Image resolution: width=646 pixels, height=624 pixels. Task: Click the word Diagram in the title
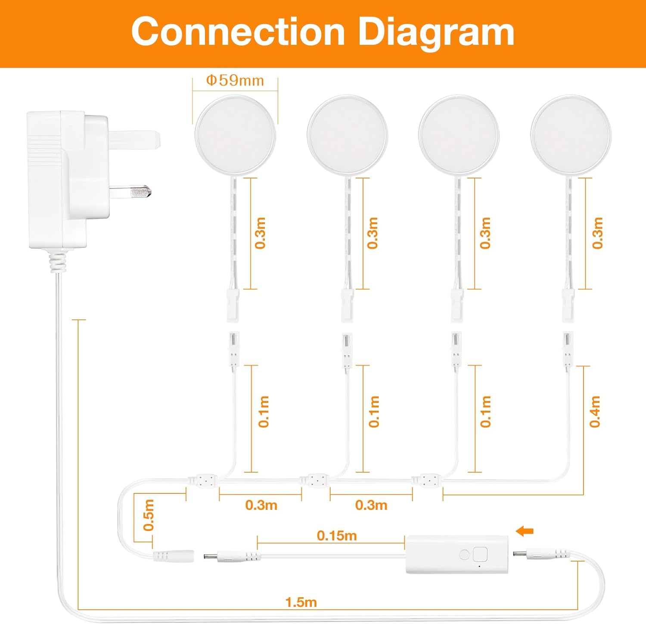[436, 32]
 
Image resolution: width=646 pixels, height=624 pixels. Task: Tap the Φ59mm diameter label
[235, 81]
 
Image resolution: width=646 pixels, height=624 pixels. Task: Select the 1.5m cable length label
[301, 602]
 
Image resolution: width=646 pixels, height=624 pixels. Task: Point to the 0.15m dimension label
[337, 536]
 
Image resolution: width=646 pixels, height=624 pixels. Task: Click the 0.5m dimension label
[149, 515]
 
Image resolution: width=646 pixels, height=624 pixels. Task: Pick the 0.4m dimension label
[595, 412]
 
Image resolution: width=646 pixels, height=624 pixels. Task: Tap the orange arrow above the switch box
[525, 531]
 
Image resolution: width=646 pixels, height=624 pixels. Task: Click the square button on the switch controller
[480, 554]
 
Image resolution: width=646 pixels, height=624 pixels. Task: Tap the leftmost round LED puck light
[235, 135]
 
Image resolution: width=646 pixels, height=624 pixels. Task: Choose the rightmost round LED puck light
[571, 135]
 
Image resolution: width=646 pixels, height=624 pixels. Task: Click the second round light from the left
[347, 135]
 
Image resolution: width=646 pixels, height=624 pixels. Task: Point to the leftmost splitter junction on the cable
[202, 479]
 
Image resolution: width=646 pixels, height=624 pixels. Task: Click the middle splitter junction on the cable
[314, 480]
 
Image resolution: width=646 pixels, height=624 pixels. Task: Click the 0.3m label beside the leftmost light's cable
[260, 233]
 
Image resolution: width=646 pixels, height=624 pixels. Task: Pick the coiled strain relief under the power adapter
[58, 262]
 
